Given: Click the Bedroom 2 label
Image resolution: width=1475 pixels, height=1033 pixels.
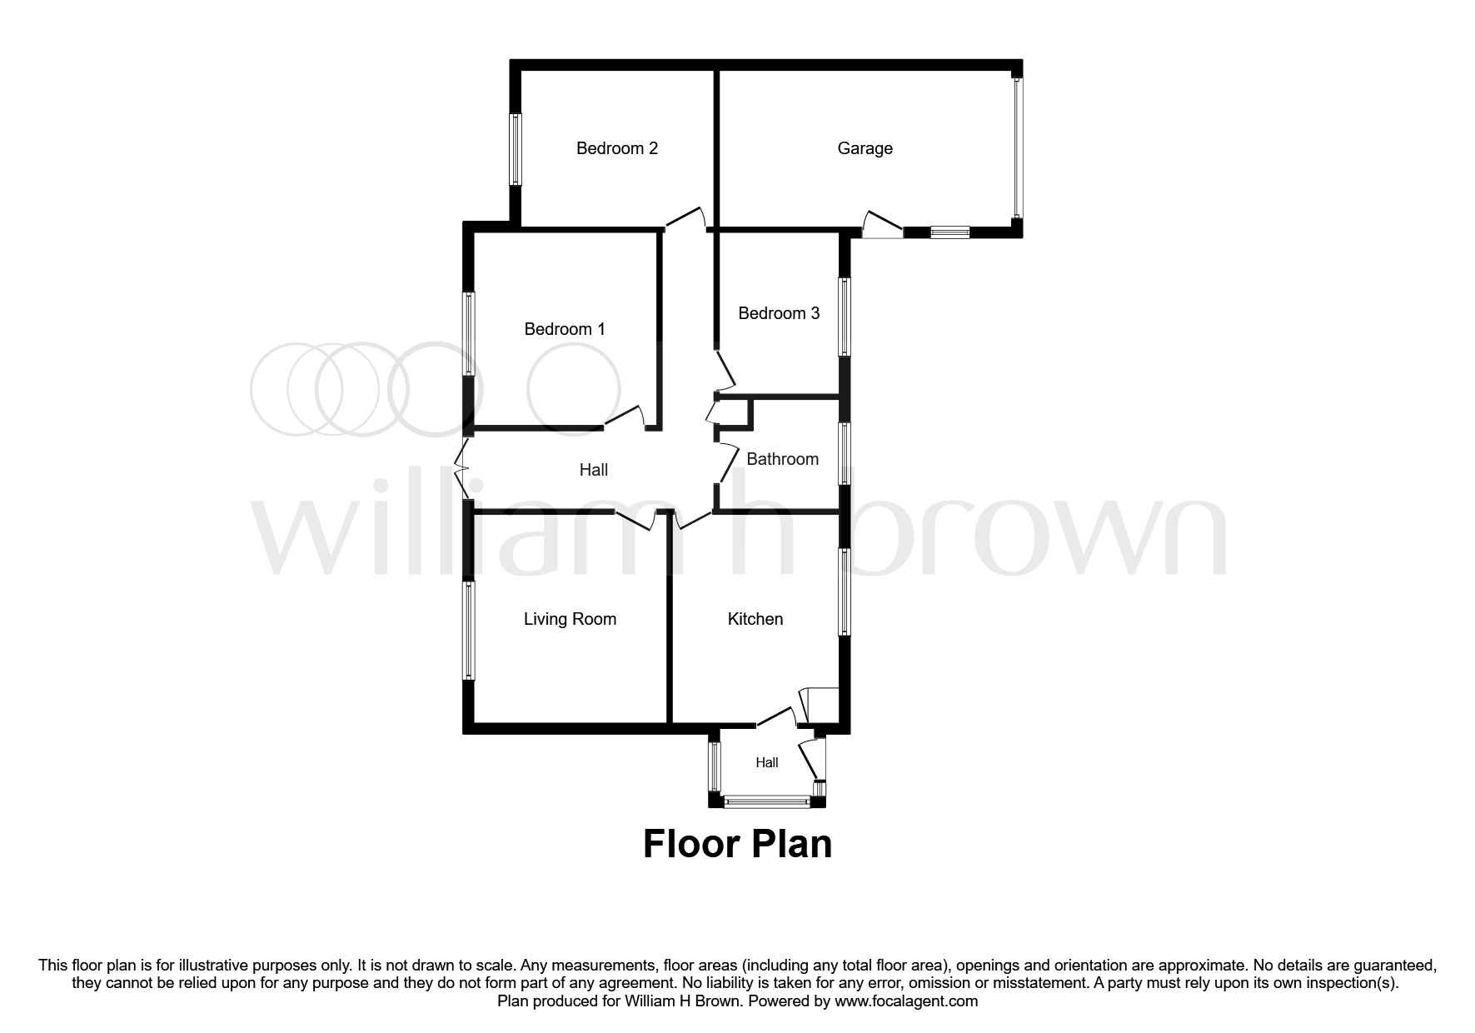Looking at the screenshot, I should [617, 148].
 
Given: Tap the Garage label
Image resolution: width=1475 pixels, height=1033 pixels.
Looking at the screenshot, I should [865, 148].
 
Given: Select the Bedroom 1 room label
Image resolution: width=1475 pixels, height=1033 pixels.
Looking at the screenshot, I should [565, 329].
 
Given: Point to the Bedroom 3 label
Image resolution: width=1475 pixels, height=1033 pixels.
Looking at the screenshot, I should [779, 313].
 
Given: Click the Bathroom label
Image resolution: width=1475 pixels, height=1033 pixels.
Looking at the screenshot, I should [782, 459].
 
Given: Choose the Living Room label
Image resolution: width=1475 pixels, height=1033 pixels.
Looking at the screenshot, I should [570, 619].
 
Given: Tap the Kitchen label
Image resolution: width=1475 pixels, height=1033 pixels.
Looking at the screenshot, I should [755, 619].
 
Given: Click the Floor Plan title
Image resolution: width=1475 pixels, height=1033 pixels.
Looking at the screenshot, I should [737, 844].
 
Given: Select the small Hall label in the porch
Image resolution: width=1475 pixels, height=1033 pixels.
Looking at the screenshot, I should [767, 762].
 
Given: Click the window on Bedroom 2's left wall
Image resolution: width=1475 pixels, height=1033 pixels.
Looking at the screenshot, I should [516, 149].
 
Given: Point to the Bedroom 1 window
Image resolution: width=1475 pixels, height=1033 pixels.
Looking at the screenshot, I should [469, 333].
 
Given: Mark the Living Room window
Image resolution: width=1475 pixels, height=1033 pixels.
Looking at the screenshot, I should [469, 630].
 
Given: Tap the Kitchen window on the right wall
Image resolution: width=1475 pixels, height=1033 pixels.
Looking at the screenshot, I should [845, 591].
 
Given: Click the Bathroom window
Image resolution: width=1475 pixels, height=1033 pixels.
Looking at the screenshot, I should [845, 454].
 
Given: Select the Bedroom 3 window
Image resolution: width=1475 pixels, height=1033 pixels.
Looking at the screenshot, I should [845, 317].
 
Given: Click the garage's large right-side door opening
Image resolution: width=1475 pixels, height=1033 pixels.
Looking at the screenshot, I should [1017, 148].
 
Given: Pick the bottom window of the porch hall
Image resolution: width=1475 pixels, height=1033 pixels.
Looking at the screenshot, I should [766, 802].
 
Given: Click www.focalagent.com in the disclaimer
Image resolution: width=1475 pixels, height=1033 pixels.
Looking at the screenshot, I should [906, 1001].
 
